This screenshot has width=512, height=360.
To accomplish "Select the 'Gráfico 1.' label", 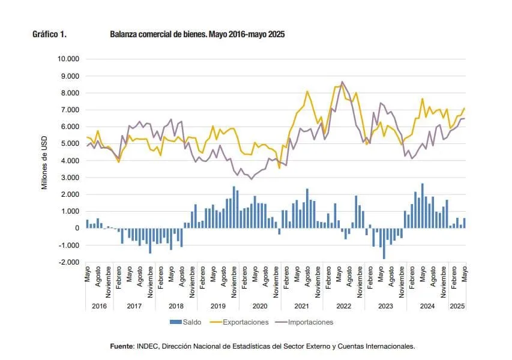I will pos(49,35).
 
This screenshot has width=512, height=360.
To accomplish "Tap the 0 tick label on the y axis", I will pos(77,229).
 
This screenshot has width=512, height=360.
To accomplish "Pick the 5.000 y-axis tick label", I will pos(71,144).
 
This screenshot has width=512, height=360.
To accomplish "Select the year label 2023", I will pos(385,306).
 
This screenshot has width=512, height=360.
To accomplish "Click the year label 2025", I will pos(457,306).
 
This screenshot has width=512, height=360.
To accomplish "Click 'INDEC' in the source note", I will pos(148,346).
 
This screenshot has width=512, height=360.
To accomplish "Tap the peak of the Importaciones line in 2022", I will pos(342,82).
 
